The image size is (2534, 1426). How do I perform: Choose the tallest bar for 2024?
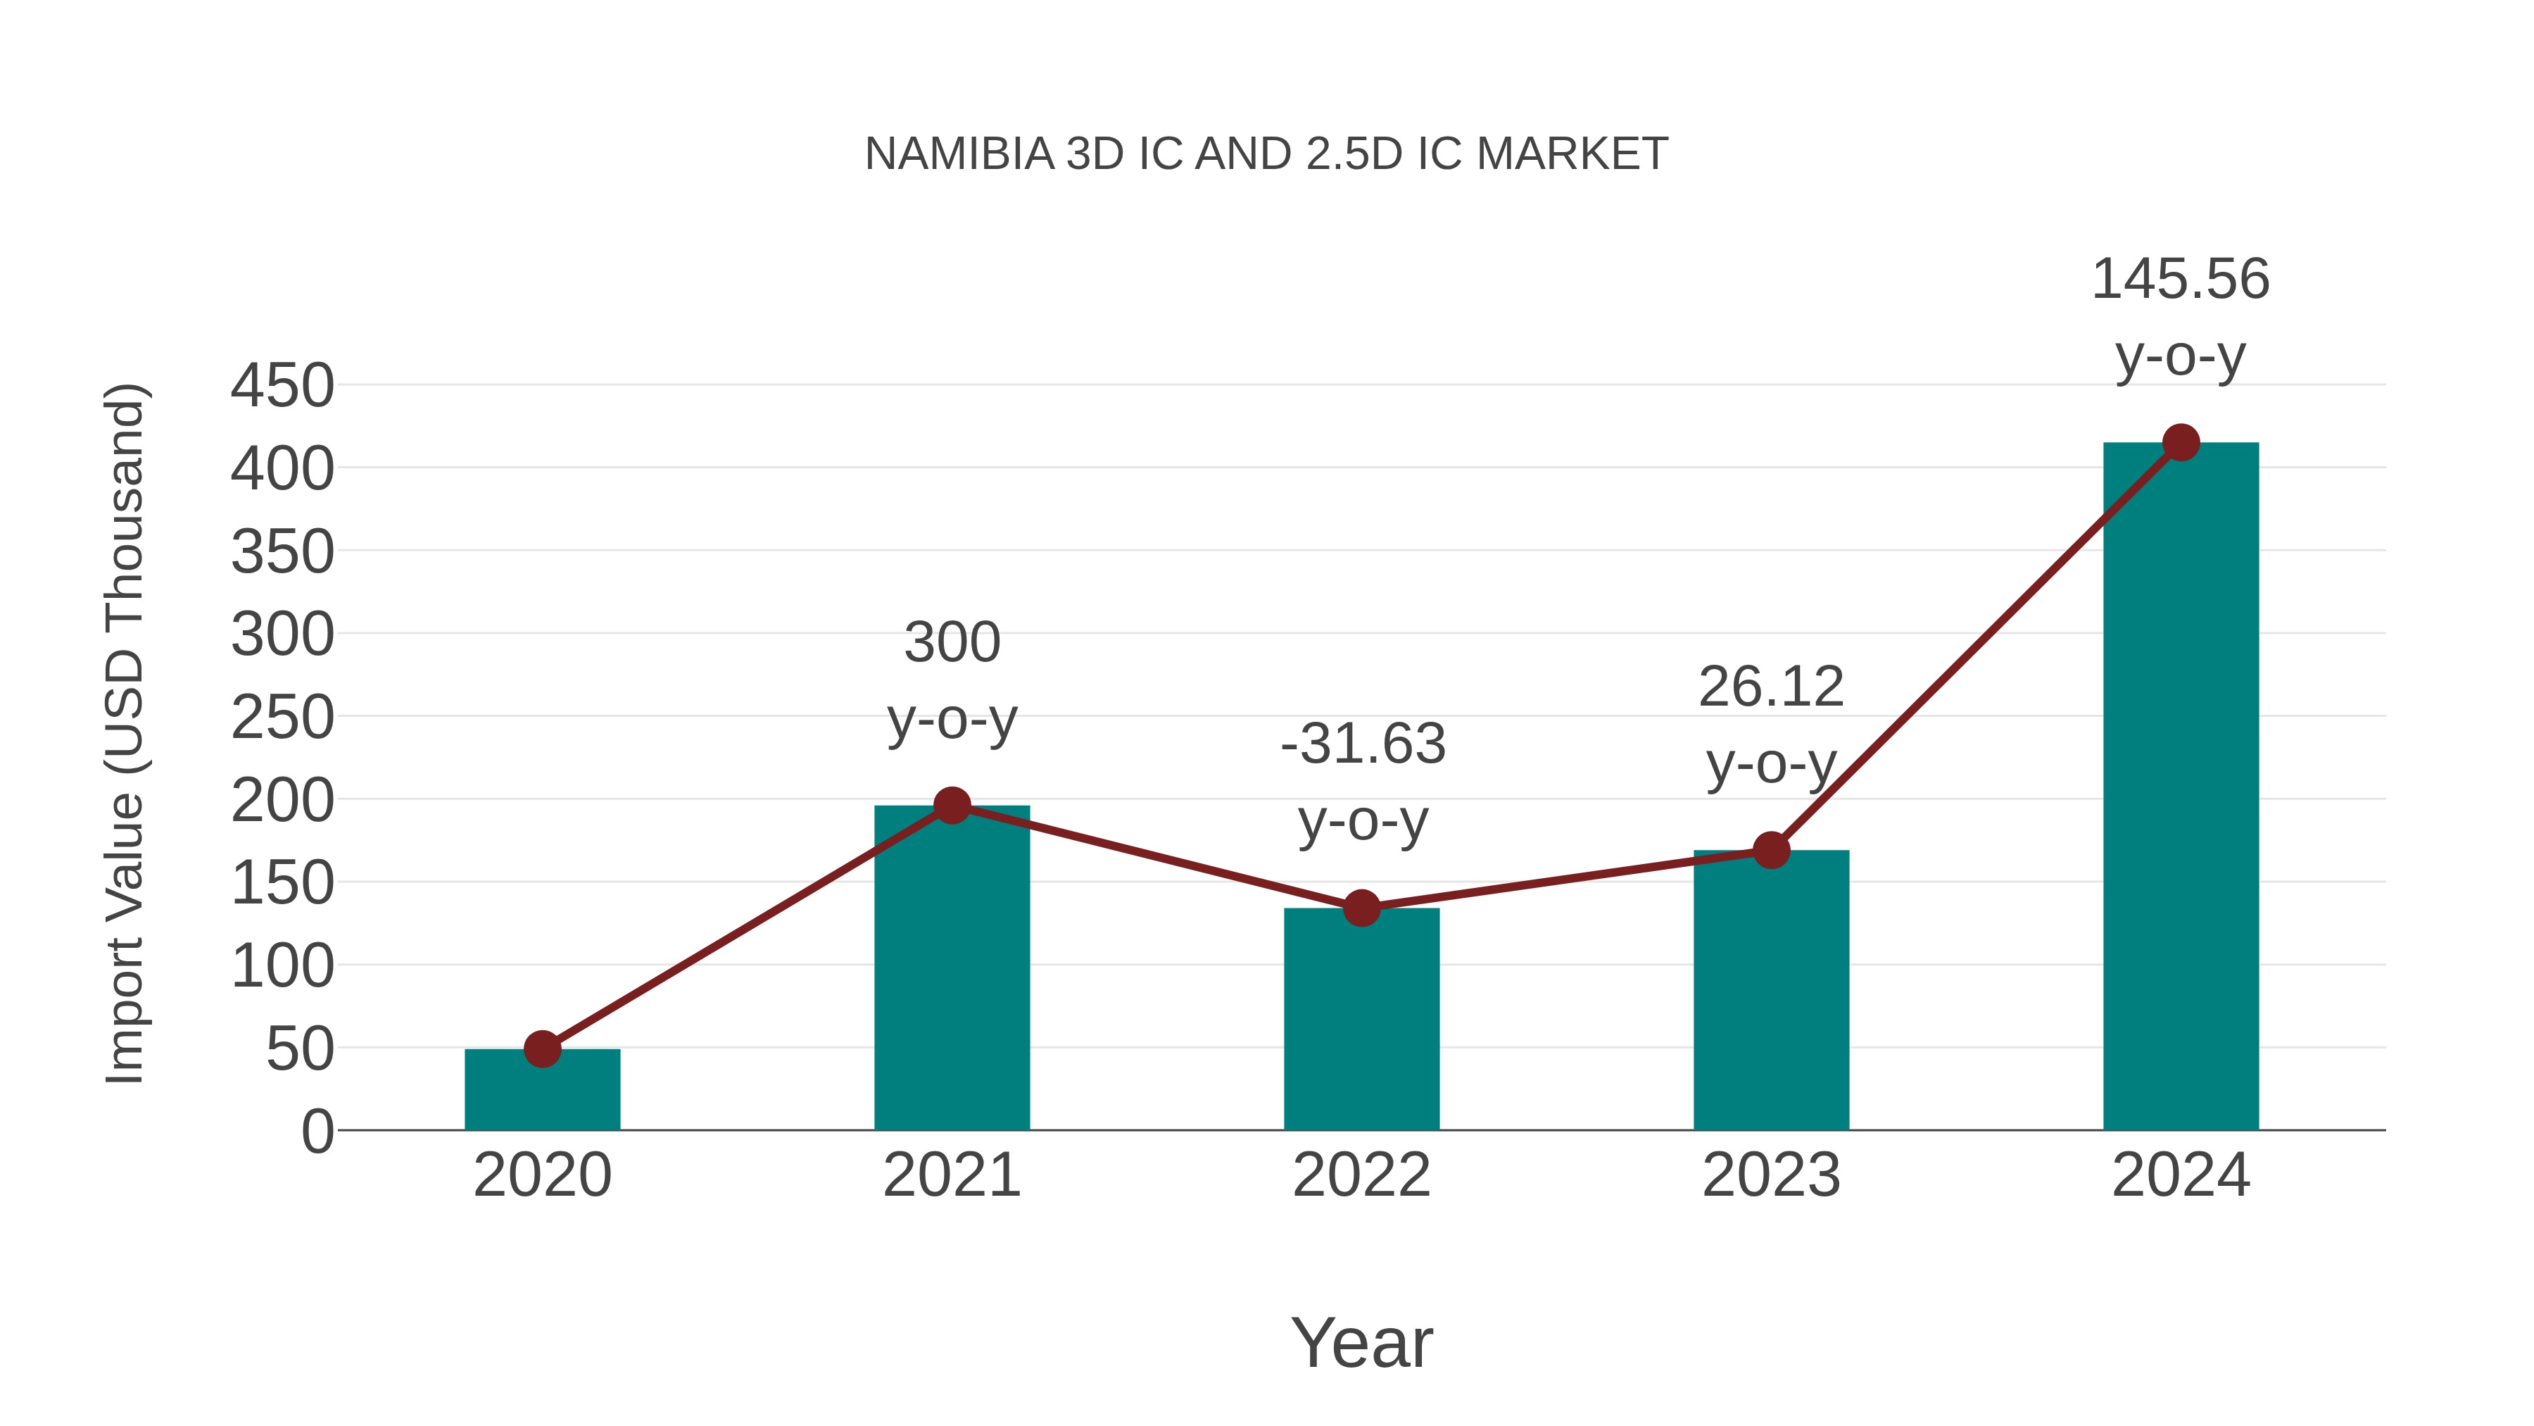[2181, 787]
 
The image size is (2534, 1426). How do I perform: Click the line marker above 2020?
[542, 1049]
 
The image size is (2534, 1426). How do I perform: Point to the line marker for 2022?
[1361, 908]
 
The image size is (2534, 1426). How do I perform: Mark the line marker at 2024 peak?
[2181, 443]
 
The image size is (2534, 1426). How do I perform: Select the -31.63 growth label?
[1363, 782]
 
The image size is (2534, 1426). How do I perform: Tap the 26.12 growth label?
[1771, 725]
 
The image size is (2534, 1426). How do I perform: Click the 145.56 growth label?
[2180, 317]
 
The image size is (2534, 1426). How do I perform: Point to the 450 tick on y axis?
[282, 386]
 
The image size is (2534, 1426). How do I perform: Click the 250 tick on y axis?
[282, 718]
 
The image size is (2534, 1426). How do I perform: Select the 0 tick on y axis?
[317, 1131]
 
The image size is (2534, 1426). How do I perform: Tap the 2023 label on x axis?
[1771, 1175]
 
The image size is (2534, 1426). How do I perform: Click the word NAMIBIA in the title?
[959, 154]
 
